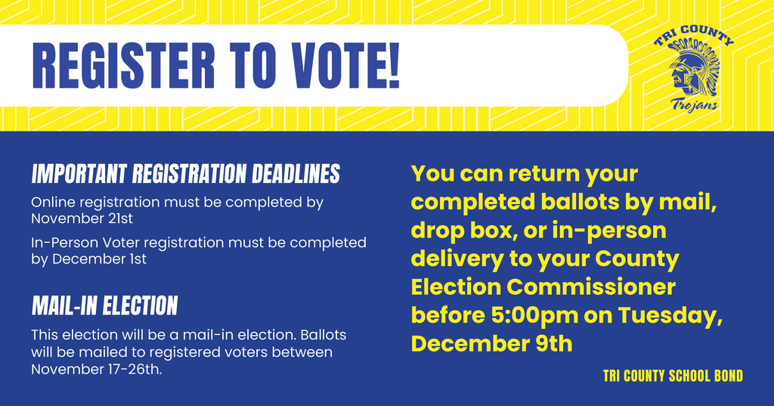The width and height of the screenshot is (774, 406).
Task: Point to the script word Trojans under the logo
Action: pyautogui.click(x=694, y=104)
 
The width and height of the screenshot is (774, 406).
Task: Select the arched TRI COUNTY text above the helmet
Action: pyautogui.click(x=693, y=39)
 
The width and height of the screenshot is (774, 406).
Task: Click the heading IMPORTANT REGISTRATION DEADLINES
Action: pyautogui.click(x=185, y=175)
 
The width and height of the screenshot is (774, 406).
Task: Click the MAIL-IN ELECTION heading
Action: pyautogui.click(x=104, y=305)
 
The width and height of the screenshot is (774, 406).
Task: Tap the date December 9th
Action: pyautogui.click(x=491, y=344)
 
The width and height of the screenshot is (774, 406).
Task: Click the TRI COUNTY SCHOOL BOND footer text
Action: pyautogui.click(x=673, y=376)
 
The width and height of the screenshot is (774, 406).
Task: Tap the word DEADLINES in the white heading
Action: pyautogui.click(x=295, y=175)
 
